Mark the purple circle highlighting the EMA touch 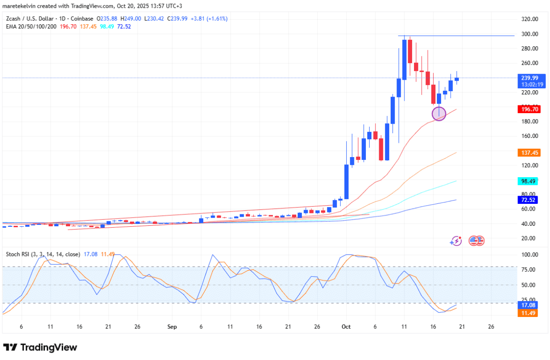click(x=439, y=113)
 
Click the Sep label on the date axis click(x=172, y=327)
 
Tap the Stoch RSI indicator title click(x=43, y=254)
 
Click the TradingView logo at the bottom click(x=40, y=347)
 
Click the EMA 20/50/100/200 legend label click(x=31, y=26)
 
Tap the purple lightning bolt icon click(x=456, y=241)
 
